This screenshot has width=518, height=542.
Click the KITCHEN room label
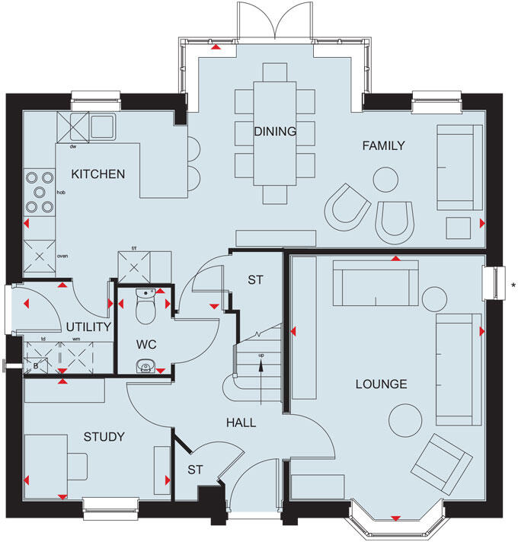(98, 174)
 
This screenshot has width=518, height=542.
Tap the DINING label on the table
(275, 132)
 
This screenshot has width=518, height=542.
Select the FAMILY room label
(383, 145)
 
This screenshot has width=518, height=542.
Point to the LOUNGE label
(381, 384)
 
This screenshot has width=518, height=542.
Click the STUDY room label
(104, 436)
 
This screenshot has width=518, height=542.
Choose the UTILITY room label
(89, 327)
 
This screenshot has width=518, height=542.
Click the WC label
(146, 345)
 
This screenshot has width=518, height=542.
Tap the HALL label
(240, 422)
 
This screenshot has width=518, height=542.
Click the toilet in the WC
(144, 306)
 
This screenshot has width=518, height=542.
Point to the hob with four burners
(38, 193)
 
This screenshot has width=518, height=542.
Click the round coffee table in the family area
(385, 180)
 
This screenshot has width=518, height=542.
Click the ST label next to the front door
(195, 470)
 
